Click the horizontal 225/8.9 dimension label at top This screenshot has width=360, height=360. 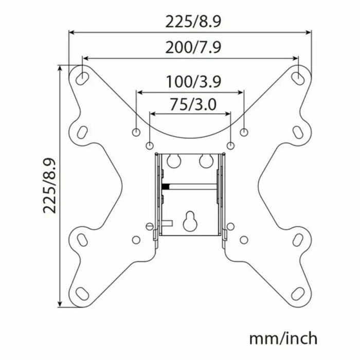(x=190, y=22)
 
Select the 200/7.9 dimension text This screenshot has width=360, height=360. (x=190, y=47)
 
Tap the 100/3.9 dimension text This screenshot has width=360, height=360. (x=190, y=81)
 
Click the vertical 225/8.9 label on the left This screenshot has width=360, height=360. (x=50, y=186)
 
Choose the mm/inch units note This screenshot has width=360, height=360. (x=283, y=339)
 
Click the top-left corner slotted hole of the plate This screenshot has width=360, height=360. (x=82, y=77)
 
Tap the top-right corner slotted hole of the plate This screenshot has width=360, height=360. (x=298, y=77)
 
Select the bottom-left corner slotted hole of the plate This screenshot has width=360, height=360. (x=82, y=294)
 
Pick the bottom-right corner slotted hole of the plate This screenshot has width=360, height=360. (x=298, y=294)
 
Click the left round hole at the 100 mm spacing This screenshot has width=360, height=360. (x=136, y=132)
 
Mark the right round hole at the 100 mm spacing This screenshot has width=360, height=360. (x=244, y=132)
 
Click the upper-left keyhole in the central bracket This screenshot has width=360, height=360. (x=173, y=160)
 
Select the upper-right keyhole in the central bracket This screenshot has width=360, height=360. (x=207, y=160)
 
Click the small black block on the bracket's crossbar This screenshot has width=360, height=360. (x=165, y=185)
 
